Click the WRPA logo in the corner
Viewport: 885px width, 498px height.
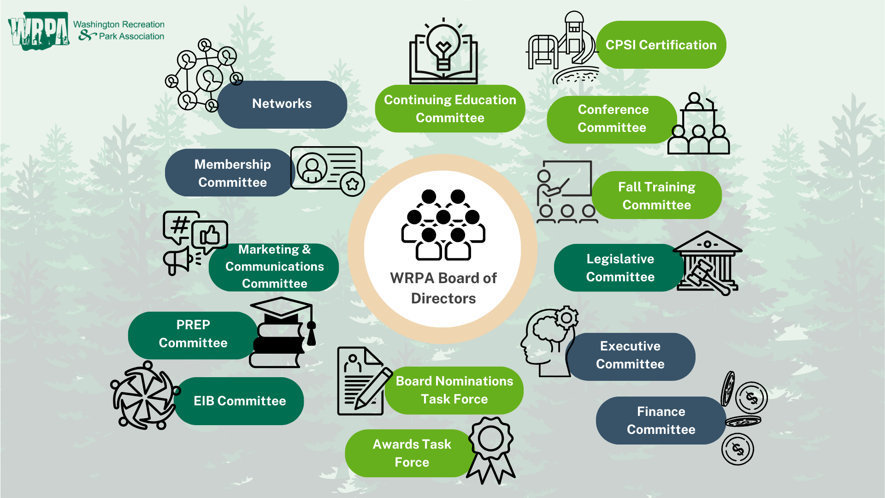point(39,31)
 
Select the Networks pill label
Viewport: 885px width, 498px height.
point(282,104)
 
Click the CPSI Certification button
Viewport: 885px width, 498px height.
point(661,45)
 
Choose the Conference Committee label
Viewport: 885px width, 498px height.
point(613,119)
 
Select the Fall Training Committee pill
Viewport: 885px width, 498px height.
point(656,196)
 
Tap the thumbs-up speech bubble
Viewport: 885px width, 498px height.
point(210,235)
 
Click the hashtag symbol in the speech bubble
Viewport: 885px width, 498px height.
point(180,225)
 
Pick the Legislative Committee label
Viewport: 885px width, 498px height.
point(620,268)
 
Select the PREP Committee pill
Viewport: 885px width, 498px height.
point(193,334)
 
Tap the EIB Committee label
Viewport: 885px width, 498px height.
point(239,401)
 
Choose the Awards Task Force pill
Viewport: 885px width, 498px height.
point(411,453)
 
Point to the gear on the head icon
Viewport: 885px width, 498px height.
point(566,318)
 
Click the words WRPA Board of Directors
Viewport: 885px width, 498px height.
point(443,288)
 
